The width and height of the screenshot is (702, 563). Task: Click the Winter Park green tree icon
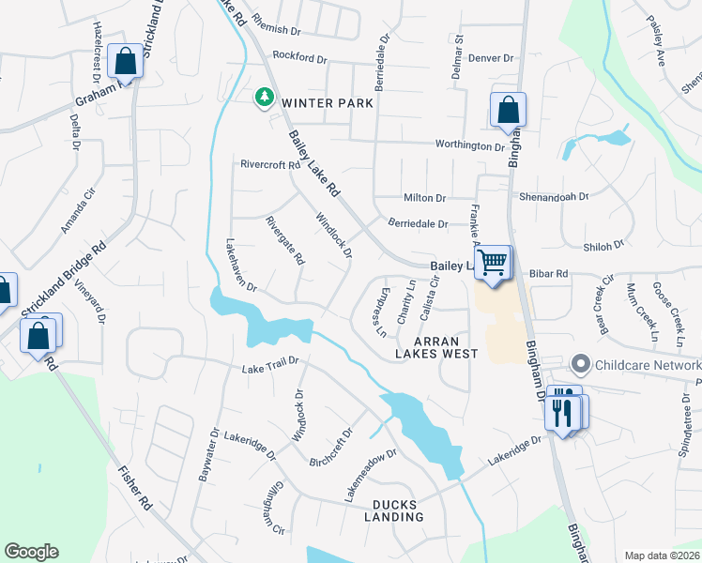click(x=265, y=96)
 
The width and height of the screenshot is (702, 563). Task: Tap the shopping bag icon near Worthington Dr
click(x=508, y=109)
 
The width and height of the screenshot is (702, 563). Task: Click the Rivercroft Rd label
click(x=269, y=164)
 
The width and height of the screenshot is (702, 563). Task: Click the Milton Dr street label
click(x=424, y=198)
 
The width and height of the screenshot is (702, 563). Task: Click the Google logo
click(x=31, y=552)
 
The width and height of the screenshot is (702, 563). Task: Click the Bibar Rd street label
click(x=549, y=274)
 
